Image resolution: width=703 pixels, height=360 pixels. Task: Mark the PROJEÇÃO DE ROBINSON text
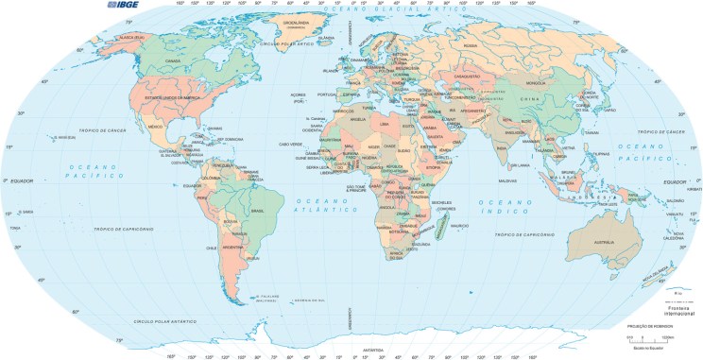click(x=655, y=325)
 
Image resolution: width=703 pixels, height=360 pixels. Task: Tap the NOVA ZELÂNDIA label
click(x=655, y=277)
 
